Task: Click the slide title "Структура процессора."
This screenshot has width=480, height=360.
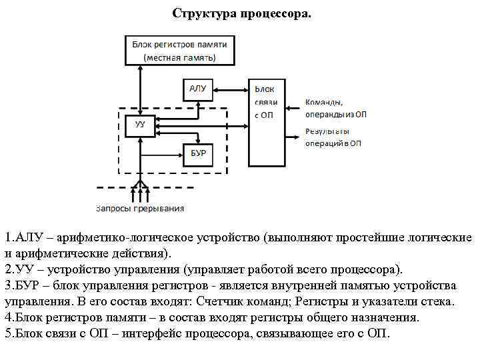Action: pyautogui.click(x=241, y=13)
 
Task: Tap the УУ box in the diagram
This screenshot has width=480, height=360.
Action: pyautogui.click(x=140, y=125)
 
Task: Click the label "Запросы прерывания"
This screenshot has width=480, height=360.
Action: pyautogui.click(x=140, y=208)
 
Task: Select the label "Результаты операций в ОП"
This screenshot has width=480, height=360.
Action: pyautogui.click(x=333, y=137)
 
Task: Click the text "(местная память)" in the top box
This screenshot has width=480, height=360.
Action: pyautogui.click(x=179, y=57)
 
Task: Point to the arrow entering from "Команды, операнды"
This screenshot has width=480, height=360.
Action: pyautogui.click(x=293, y=107)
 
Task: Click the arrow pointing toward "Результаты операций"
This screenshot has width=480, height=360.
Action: pyautogui.click(x=293, y=137)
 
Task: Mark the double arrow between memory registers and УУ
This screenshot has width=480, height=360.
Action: pyautogui.click(x=140, y=90)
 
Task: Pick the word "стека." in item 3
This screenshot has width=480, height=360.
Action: pyautogui.click(x=438, y=301)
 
